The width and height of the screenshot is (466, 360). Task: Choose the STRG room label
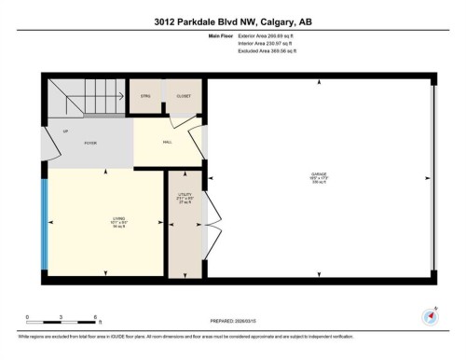pyautogui.click(x=145, y=96)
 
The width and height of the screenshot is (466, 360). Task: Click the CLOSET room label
pyautogui.click(x=182, y=96)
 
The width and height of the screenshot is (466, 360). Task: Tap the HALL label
pyautogui.click(x=167, y=143)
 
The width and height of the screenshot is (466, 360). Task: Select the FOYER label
pyautogui.click(x=90, y=143)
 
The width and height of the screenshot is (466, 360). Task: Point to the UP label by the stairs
pyautogui.click(x=64, y=132)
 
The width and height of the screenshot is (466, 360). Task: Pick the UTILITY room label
pyautogui.click(x=184, y=198)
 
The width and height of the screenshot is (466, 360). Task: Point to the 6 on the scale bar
pyautogui.click(x=95, y=317)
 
